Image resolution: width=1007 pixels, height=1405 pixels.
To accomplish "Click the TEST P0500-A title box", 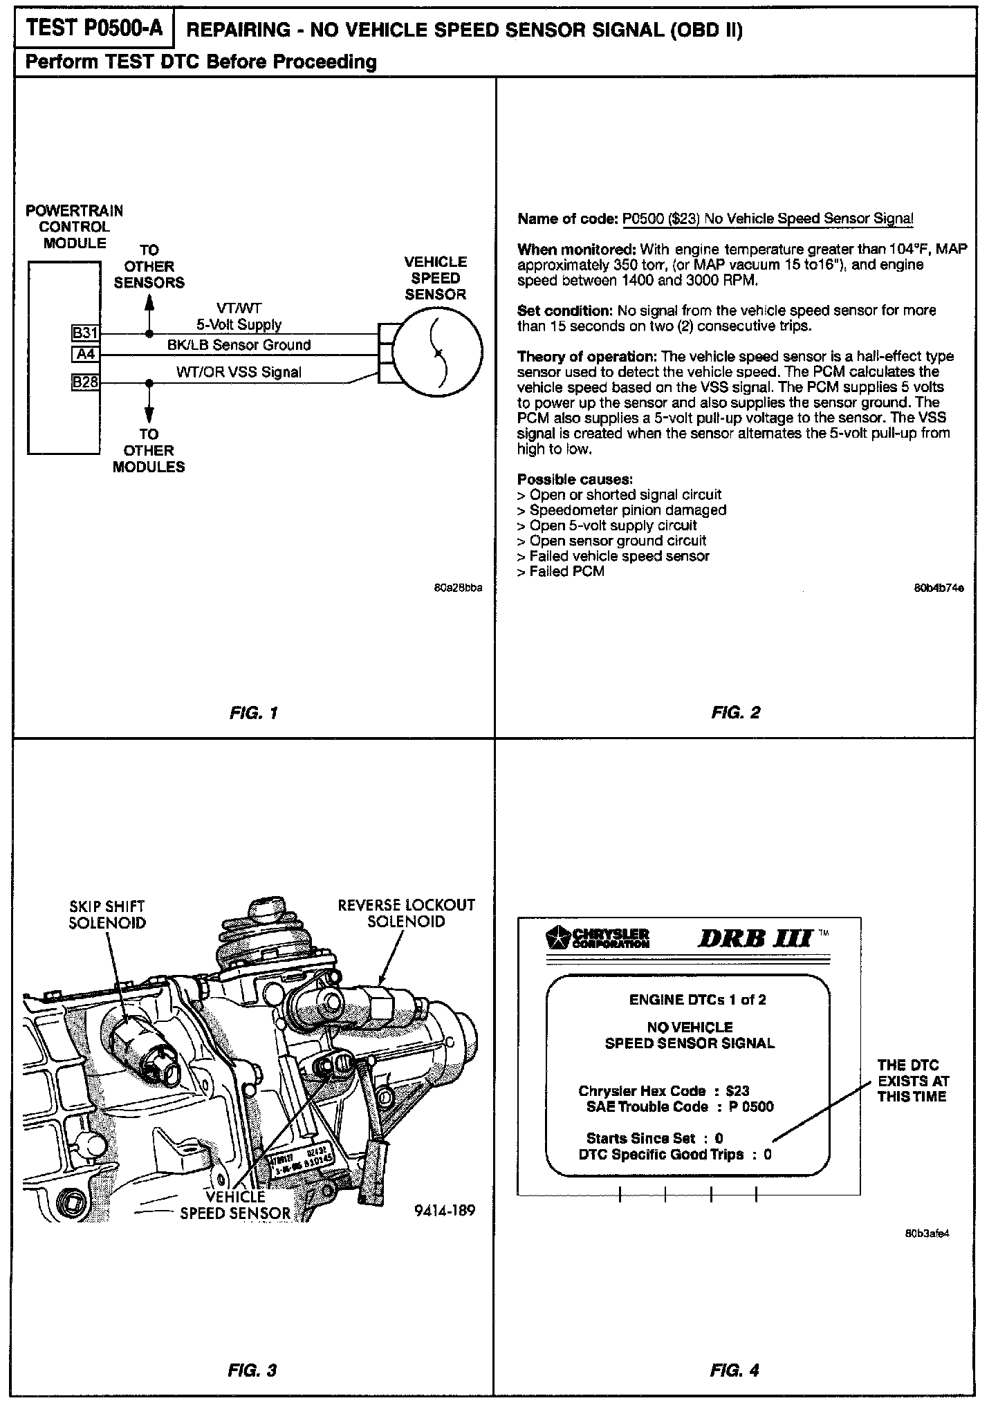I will pyautogui.click(x=95, y=29).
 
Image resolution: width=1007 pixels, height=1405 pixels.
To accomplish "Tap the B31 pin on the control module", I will pyautogui.click(x=85, y=333).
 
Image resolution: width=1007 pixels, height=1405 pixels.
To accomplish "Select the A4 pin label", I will pyautogui.click(x=85, y=355).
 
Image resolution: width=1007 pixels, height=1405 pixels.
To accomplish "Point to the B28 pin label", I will pyautogui.click(x=85, y=381).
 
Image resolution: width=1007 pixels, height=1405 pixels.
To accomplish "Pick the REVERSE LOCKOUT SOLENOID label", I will pyautogui.click(x=406, y=913).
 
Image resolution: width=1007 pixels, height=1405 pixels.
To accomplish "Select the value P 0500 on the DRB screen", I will pyautogui.click(x=751, y=1107).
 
